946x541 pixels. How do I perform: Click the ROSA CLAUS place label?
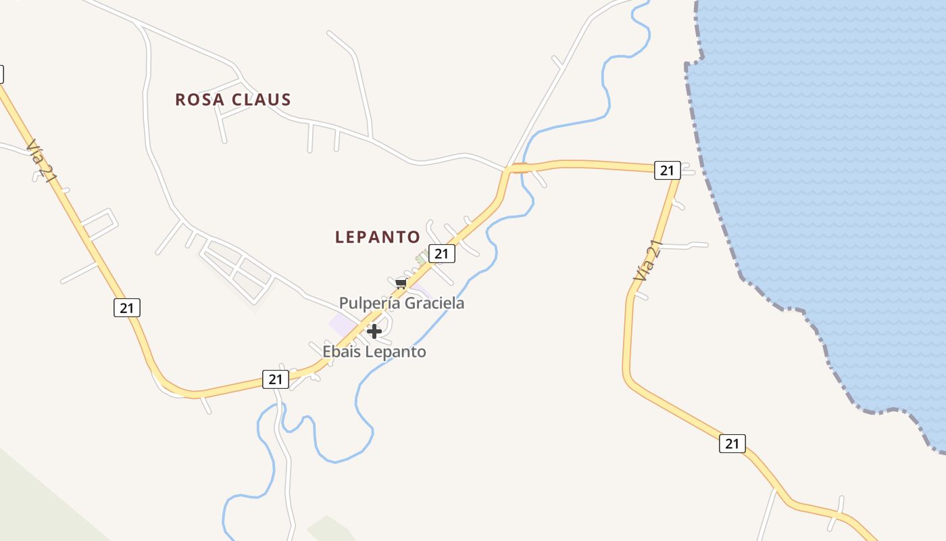[233, 99]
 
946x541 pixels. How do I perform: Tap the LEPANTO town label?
[378, 237]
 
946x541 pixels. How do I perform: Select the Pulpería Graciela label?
[401, 303]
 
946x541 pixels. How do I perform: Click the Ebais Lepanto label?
[374, 352]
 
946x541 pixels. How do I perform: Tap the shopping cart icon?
[401, 283]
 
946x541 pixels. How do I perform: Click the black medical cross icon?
[374, 331]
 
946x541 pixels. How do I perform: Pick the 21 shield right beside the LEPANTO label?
[441, 254]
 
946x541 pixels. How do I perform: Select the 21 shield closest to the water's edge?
[667, 170]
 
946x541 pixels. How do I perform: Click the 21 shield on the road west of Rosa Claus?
[126, 307]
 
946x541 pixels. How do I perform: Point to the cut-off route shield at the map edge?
[1, 74]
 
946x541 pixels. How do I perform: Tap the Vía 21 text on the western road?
[41, 161]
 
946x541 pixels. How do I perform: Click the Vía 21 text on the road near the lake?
[647, 260]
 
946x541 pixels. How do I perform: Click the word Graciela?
[434, 303]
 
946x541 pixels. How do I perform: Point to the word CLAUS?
[262, 99]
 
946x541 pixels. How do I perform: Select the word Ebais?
[342, 352]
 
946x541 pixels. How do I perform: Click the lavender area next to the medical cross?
[342, 323]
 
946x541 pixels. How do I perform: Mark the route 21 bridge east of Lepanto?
[519, 168]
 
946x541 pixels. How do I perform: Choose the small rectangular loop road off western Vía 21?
[100, 223]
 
